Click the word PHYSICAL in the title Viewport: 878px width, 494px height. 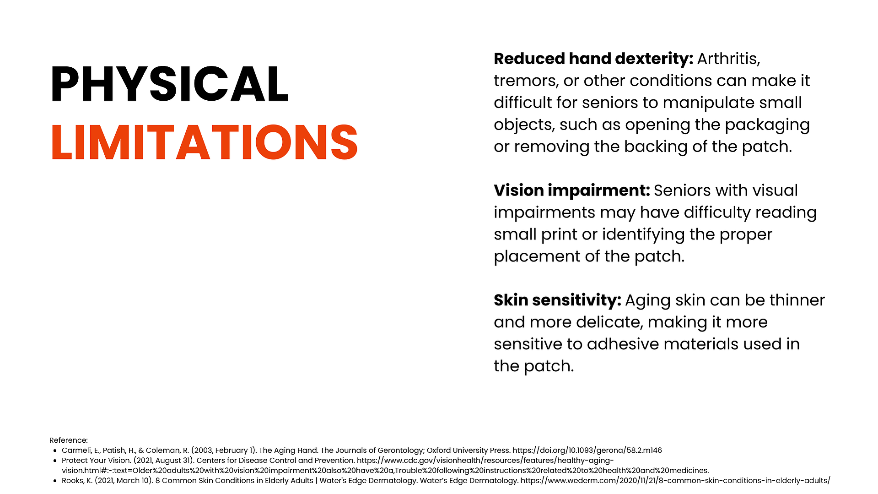(x=169, y=84)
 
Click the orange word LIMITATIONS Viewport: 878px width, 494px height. (x=204, y=142)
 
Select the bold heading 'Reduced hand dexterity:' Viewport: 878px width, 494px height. (x=593, y=59)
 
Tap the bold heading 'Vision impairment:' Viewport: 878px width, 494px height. (x=572, y=191)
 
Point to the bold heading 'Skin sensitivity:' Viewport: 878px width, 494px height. (x=557, y=301)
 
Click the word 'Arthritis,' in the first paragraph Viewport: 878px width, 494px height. (x=728, y=59)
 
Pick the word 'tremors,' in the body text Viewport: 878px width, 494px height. (x=526, y=81)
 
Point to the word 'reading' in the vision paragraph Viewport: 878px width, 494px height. (x=786, y=213)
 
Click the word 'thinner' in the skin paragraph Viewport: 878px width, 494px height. (x=797, y=301)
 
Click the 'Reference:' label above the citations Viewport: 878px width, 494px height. (x=69, y=440)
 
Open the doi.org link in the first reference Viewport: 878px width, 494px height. (x=587, y=451)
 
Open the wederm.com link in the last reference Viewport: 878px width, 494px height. (x=675, y=481)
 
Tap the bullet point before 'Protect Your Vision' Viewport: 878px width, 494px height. (x=55, y=461)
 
